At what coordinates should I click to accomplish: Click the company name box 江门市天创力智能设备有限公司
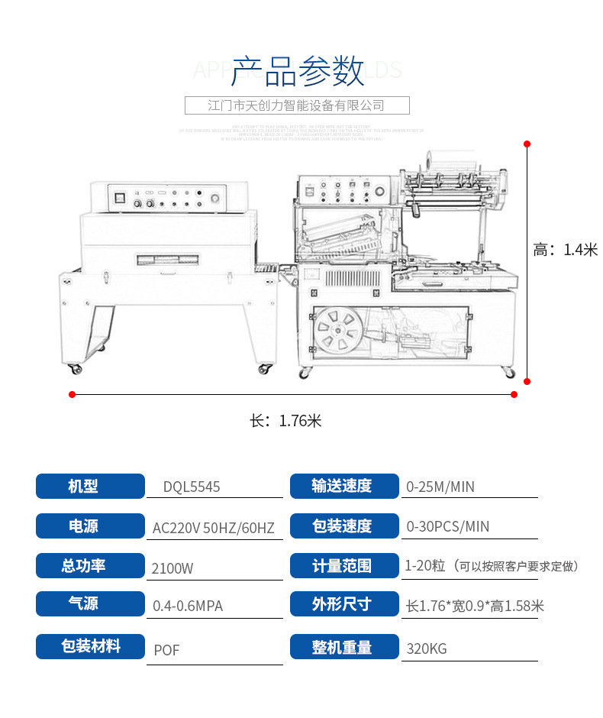pyautogui.click(x=297, y=105)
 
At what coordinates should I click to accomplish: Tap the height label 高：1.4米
pyautogui.click(x=565, y=250)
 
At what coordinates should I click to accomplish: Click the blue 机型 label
pyautogui.click(x=90, y=487)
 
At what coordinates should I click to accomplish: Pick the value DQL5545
pyautogui.click(x=192, y=487)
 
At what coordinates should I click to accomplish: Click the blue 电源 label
pyautogui.click(x=90, y=526)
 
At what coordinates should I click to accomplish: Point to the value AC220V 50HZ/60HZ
pyautogui.click(x=213, y=527)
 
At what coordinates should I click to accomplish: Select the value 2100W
pyautogui.click(x=173, y=568)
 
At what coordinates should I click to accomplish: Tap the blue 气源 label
pyautogui.click(x=90, y=603)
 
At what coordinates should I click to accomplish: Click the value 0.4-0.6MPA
pyautogui.click(x=188, y=606)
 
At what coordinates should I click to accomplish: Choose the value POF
pyautogui.click(x=166, y=650)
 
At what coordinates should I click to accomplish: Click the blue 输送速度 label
pyautogui.click(x=344, y=487)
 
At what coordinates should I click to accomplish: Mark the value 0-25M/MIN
pyautogui.click(x=440, y=487)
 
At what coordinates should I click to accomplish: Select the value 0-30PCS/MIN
pyautogui.click(x=447, y=527)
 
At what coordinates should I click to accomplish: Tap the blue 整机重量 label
pyautogui.click(x=344, y=647)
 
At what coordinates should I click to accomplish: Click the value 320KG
pyautogui.click(x=427, y=649)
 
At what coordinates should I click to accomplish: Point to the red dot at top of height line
pyautogui.click(x=527, y=143)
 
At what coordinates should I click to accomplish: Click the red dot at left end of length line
pyautogui.click(x=72, y=395)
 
